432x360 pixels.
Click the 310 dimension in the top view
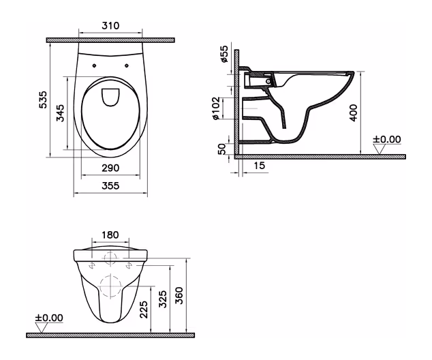[110, 26]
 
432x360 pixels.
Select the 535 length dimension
[43, 100]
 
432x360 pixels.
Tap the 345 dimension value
[60, 113]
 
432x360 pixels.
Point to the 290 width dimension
[110, 168]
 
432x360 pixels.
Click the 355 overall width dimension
[110, 185]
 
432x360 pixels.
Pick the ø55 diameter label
[224, 54]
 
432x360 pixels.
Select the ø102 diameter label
[215, 108]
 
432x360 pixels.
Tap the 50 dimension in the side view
[222, 149]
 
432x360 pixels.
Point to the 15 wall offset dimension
[259, 166]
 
